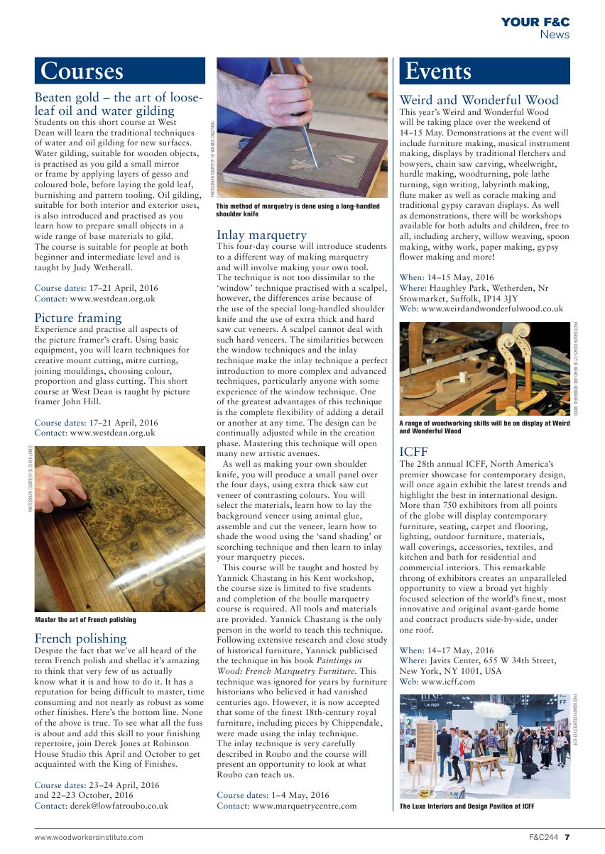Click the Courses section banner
coord(119,71)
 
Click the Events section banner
coord(484,71)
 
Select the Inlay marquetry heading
coord(261,235)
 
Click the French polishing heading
coord(80,638)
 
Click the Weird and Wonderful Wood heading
coord(479,100)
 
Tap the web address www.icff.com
coord(448,682)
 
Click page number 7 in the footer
coord(567,837)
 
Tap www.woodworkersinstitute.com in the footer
coord(89,837)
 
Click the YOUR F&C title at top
coord(535,23)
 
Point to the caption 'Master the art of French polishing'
coord(85,619)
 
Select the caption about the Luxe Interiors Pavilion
coord(467,806)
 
